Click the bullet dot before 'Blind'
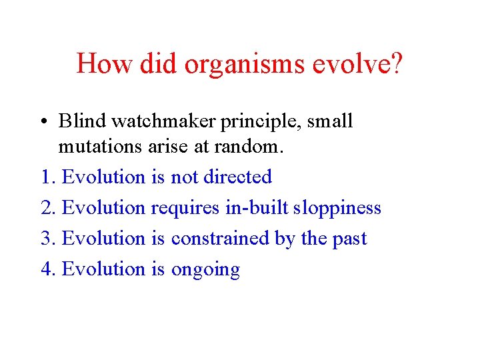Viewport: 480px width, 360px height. (44, 122)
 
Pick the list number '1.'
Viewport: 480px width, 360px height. (49, 177)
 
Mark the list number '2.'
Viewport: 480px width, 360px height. (49, 208)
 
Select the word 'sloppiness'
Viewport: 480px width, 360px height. (339, 209)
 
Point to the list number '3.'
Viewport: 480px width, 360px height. (49, 239)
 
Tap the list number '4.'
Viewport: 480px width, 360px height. (49, 269)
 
